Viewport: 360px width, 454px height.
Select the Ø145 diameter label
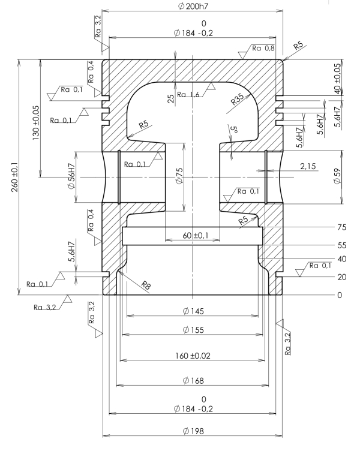[x=193, y=311]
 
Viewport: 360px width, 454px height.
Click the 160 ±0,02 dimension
[x=193, y=356]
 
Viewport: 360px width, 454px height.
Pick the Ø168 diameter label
[x=193, y=380]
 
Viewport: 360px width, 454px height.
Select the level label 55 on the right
[x=340, y=246]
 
